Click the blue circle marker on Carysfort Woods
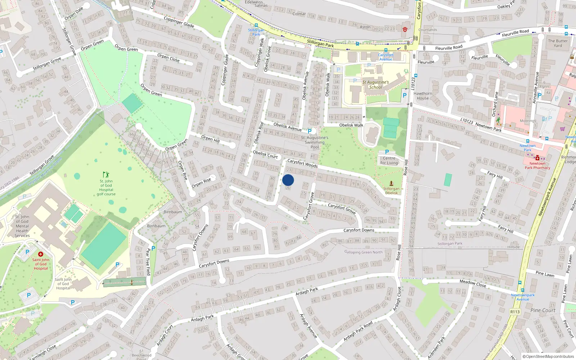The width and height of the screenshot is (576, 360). [288, 180]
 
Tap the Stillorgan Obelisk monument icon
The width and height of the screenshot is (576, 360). [391, 183]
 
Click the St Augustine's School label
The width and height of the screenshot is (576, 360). [375, 85]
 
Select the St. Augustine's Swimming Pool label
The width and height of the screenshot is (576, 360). [314, 142]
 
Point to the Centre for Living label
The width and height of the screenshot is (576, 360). [389, 161]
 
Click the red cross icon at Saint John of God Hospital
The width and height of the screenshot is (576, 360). [41, 254]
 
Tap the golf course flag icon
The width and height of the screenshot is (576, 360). [106, 175]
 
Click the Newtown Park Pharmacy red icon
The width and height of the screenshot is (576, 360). [537, 158]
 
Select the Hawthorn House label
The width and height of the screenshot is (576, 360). [423, 96]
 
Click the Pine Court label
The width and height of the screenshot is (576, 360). [543, 310]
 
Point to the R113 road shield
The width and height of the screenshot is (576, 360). [515, 312]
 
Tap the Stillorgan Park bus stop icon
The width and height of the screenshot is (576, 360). [256, 26]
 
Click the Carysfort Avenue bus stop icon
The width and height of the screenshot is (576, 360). [386, 50]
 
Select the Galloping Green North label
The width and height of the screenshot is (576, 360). [363, 252]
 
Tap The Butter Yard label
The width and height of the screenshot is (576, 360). [558, 43]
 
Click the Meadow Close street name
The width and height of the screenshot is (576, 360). [473, 283]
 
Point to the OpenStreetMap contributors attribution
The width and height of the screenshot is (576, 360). [548, 356]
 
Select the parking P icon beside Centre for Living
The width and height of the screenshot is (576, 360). [387, 152]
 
